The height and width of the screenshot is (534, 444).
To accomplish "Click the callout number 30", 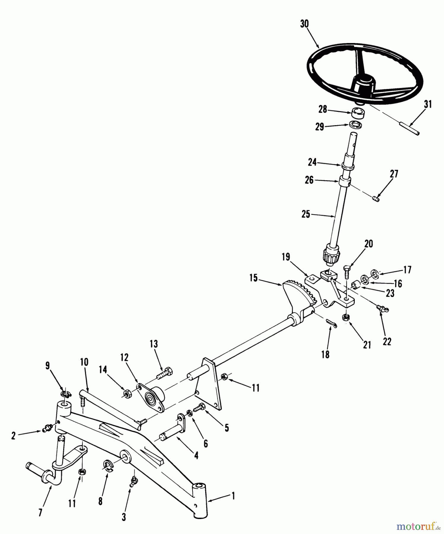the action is coord(304,24).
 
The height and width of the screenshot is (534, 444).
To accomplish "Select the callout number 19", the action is coord(286,257).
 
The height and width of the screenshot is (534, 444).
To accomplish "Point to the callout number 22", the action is coord(387,341).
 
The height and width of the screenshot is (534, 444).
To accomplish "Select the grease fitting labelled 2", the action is coord(47,428).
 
